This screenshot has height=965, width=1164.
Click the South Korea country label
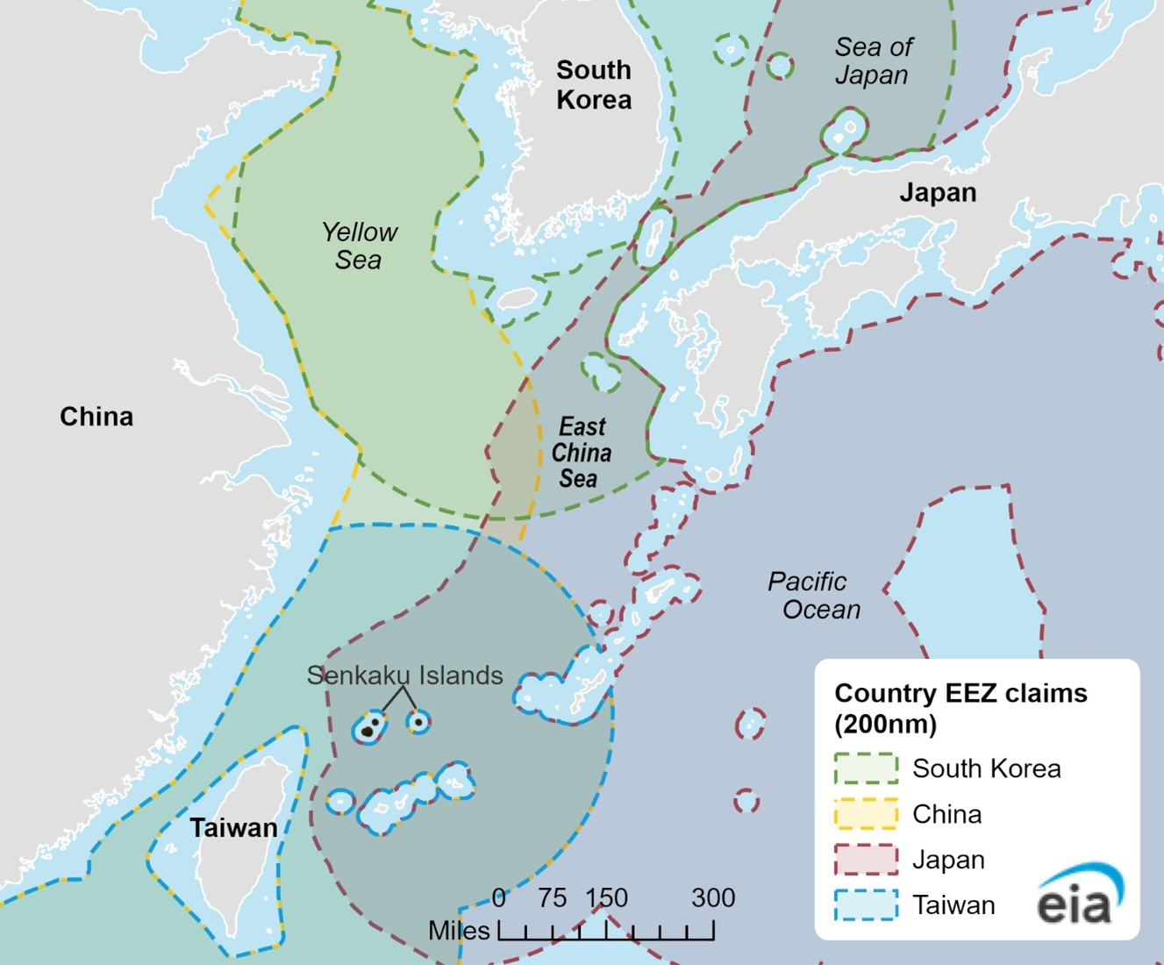point(594,85)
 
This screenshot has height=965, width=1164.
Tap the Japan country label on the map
point(938,193)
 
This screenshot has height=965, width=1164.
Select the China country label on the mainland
point(96,417)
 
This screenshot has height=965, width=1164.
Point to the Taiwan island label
point(233,828)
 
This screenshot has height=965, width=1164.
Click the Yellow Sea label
point(359,246)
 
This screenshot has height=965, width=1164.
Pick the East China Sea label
point(581,453)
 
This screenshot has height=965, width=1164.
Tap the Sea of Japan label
point(873,61)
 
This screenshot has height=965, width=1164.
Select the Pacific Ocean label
point(813,596)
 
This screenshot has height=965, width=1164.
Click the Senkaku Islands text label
point(404,675)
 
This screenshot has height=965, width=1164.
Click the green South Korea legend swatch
point(866,768)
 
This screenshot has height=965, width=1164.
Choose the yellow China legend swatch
point(866,814)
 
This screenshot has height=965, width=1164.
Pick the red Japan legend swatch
point(866,860)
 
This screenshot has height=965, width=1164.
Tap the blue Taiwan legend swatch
point(866,905)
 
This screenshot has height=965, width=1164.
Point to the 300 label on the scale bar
point(713,898)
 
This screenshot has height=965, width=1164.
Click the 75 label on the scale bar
point(553,898)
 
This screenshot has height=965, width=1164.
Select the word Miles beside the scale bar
point(459,931)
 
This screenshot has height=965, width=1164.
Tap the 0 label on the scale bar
point(499,898)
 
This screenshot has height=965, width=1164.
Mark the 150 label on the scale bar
point(607,898)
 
